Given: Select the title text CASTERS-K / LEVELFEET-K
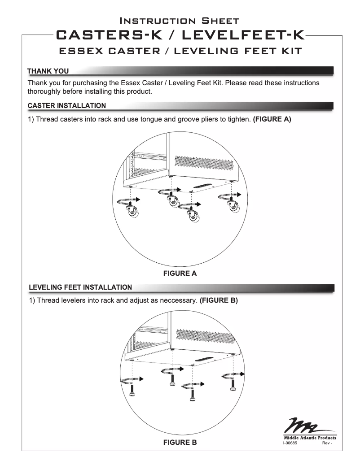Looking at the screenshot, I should (x=180, y=35).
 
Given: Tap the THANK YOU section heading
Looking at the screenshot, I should (x=48, y=71).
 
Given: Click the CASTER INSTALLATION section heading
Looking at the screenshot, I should (x=67, y=106).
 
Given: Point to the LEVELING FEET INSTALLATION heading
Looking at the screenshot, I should (x=80, y=287).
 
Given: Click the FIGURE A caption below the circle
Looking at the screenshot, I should (x=180, y=273).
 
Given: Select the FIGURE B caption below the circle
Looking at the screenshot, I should (x=180, y=443).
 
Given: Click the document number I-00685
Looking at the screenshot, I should (x=291, y=443).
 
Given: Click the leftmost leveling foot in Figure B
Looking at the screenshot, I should (x=133, y=390).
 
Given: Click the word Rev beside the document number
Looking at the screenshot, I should (x=326, y=443).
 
